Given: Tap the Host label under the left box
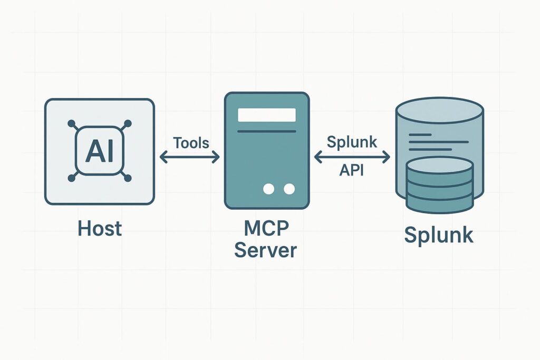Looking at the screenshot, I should click(100, 228).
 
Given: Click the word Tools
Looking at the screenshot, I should click(191, 142).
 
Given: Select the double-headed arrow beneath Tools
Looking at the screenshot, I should click(189, 156).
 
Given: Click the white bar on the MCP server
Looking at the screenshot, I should click(266, 115).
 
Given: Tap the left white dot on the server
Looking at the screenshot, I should click(269, 189).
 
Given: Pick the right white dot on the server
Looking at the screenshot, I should click(288, 189).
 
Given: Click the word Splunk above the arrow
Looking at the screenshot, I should click(352, 142).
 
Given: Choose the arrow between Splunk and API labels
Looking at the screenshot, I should click(352, 157).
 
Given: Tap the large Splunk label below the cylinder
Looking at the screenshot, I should click(439, 235).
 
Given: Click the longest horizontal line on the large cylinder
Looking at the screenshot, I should click(439, 142).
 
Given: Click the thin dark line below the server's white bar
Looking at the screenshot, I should click(266, 131).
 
